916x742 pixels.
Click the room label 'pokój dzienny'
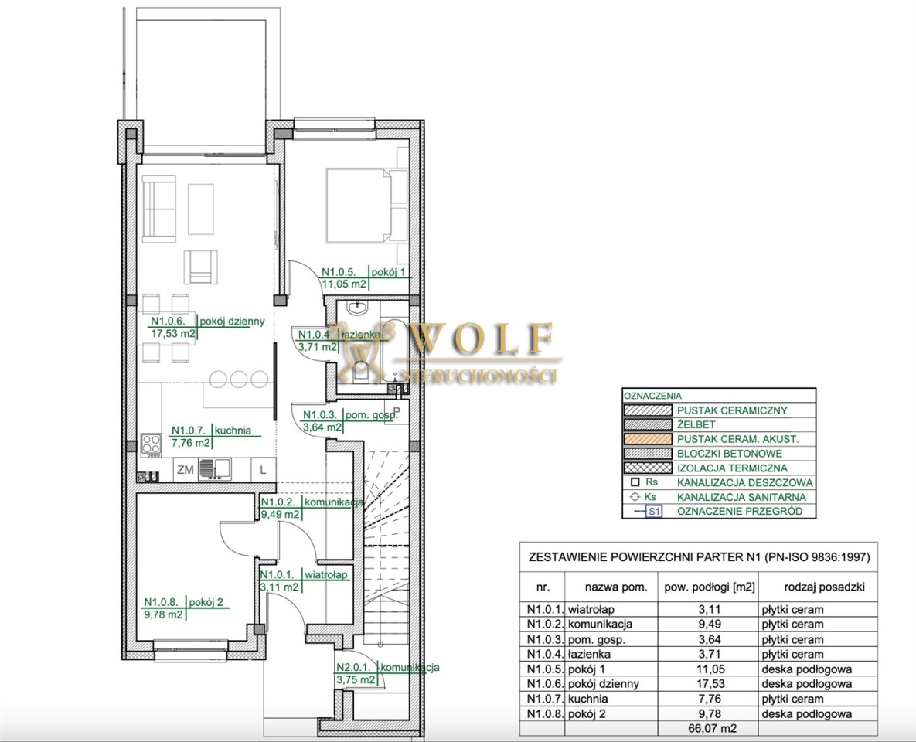click(233, 321)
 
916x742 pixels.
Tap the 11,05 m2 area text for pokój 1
click(345, 284)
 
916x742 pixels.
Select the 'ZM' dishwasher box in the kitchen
click(186, 469)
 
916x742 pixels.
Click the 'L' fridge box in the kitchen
click(263, 469)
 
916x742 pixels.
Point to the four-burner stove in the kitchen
click(152, 445)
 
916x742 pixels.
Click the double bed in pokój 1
click(359, 205)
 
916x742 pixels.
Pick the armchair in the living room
click(201, 267)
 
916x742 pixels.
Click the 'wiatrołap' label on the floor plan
click(326, 575)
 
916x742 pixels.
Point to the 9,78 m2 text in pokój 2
click(164, 614)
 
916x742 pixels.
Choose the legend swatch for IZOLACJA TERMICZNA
click(648, 468)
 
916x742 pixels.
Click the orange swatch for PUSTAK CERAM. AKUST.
click(648, 439)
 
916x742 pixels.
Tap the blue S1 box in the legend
click(654, 512)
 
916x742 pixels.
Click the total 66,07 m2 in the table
click(708, 729)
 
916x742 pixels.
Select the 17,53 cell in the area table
click(708, 683)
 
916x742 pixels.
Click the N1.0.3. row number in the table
click(545, 639)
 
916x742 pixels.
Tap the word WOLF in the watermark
click(482, 339)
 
